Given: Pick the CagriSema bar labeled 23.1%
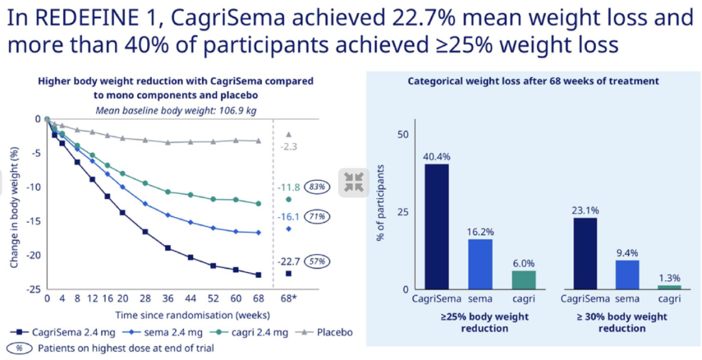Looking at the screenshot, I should click(586, 253).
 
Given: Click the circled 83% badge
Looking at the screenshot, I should click(320, 186).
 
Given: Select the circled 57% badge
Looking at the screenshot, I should click(320, 261).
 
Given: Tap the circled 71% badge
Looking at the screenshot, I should click(320, 216).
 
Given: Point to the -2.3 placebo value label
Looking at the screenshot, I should click(289, 148).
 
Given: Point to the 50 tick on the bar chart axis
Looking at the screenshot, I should click(403, 135).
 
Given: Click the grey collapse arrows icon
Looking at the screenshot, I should click(354, 181).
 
